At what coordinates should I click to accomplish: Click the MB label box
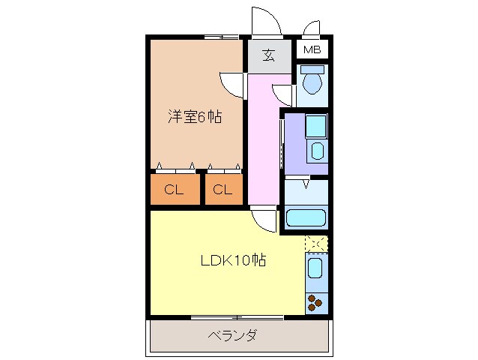[312, 50]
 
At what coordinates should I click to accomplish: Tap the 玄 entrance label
[269, 54]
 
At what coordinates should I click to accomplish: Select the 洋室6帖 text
[194, 118]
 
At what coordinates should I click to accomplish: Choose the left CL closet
[174, 190]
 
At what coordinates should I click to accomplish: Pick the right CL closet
[223, 190]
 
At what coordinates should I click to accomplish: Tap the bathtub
[306, 219]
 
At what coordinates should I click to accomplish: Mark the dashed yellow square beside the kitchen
[316, 244]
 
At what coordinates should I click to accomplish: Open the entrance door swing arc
[267, 20]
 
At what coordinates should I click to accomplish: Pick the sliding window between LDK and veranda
[237, 317]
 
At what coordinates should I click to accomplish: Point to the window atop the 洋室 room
[221, 36]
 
